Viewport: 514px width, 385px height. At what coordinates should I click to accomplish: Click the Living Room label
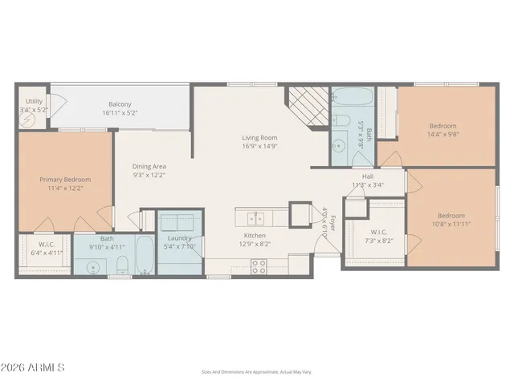[x=260, y=138]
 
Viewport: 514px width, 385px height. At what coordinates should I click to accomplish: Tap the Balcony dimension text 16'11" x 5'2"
[x=120, y=113]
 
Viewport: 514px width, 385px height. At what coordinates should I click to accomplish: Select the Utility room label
[x=34, y=101]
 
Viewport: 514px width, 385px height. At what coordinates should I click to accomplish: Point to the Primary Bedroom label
[x=65, y=179]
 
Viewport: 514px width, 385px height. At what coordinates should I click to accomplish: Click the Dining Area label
[x=149, y=166]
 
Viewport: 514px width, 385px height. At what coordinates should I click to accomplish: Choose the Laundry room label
[x=179, y=238]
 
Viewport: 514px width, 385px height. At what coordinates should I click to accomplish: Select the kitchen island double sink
[x=258, y=217]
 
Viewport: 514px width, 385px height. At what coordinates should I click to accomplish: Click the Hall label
[x=368, y=176]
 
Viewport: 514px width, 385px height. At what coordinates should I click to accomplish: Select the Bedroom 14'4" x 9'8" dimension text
[x=443, y=135]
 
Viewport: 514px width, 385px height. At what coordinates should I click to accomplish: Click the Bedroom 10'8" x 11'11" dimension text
[x=451, y=225]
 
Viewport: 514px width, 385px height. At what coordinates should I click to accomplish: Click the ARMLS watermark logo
[x=33, y=367]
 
